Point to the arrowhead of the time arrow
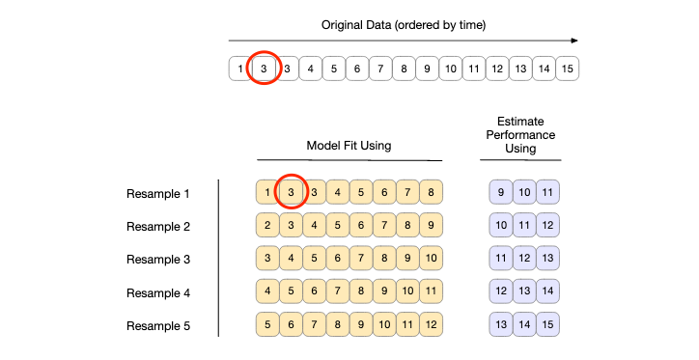[573, 41]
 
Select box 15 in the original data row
[567, 69]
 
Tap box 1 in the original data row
[239, 69]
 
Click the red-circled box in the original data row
[263, 69]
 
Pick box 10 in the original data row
[450, 69]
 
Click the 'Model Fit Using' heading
[349, 146]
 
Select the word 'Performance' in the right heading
[521, 135]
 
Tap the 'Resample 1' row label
[158, 193]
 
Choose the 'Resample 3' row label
[158, 260]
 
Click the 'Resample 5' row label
[158, 326]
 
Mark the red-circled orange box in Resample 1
[291, 193]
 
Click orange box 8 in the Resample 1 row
[431, 193]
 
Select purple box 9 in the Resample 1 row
[501, 193]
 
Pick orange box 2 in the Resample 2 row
[267, 227]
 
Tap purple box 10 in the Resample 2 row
[501, 227]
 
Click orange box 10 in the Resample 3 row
[431, 260]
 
